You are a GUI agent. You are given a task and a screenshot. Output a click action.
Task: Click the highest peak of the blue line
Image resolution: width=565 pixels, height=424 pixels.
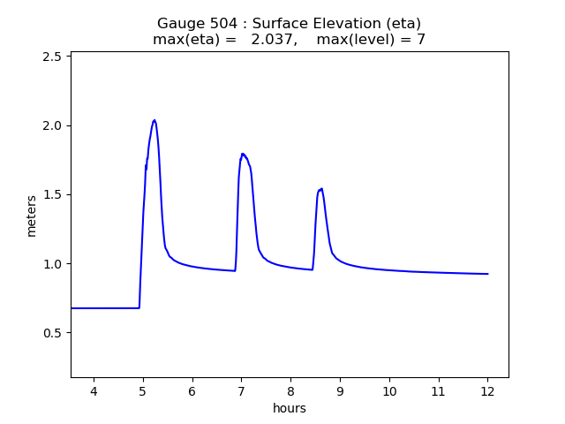tap(154, 120)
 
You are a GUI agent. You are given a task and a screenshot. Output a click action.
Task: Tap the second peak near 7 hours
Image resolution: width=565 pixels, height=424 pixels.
tap(242, 154)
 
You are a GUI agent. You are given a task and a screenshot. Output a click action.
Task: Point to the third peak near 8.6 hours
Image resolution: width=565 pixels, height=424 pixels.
tap(321, 188)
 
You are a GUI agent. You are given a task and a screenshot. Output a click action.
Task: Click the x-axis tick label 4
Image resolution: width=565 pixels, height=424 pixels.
tap(94, 391)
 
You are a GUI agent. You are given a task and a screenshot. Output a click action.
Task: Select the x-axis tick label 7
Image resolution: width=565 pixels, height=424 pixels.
tap(241, 391)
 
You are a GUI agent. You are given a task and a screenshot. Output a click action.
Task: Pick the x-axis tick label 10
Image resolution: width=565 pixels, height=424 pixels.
tap(388, 391)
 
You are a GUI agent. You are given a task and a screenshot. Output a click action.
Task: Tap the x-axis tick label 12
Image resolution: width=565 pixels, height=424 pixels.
tap(487, 391)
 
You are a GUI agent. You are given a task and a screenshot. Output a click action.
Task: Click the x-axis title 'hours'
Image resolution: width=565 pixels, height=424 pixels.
tap(290, 408)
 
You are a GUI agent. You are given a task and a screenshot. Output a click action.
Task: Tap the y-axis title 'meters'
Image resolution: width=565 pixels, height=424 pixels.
tap(32, 216)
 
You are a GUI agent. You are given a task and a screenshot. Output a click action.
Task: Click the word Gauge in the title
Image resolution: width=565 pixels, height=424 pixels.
tap(179, 24)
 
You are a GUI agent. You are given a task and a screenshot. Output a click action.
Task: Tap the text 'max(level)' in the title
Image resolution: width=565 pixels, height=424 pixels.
tap(354, 40)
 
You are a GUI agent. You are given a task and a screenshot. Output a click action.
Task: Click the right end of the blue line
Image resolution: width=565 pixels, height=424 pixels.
tap(487, 274)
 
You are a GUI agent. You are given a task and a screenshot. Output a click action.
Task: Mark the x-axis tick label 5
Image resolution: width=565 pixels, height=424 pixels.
tap(143, 391)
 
